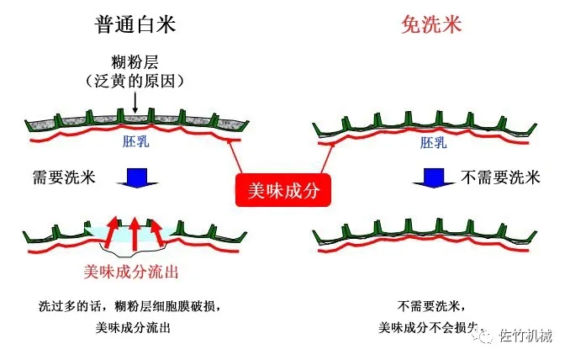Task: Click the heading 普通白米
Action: pyautogui.click(x=136, y=25)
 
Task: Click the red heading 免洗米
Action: pyautogui.click(x=431, y=25)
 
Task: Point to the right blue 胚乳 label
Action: pyautogui.click(x=433, y=143)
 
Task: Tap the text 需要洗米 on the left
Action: pyautogui.click(x=62, y=177)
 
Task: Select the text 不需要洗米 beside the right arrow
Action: pyautogui.click(x=500, y=177)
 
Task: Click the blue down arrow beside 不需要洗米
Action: pyautogui.click(x=433, y=178)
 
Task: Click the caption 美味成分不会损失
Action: pyautogui.click(x=429, y=327)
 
